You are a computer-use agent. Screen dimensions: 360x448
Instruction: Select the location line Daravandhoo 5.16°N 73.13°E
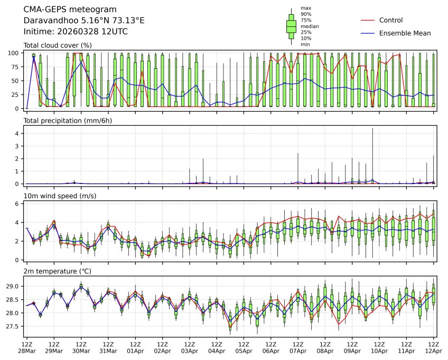pyautogui.click(x=84, y=21)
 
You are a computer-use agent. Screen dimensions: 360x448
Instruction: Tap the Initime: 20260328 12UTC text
pyautogui.click(x=76, y=32)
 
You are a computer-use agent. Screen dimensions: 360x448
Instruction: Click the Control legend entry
pyautogui.click(x=391, y=20)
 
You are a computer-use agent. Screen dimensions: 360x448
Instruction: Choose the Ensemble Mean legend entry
pyautogui.click(x=405, y=33)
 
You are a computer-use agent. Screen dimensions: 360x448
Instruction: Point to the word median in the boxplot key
pyautogui.click(x=310, y=26)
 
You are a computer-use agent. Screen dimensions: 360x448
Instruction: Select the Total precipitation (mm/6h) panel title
pyautogui.click(x=68, y=121)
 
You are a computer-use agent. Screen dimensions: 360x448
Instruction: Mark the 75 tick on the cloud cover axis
pyautogui.click(x=16, y=67)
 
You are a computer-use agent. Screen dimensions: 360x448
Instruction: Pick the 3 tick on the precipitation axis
pyautogui.click(x=18, y=146)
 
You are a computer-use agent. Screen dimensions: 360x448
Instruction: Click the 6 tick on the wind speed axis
pyautogui.click(x=18, y=204)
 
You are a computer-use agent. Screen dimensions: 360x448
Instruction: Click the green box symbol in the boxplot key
pyautogui.click(x=291, y=26)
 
